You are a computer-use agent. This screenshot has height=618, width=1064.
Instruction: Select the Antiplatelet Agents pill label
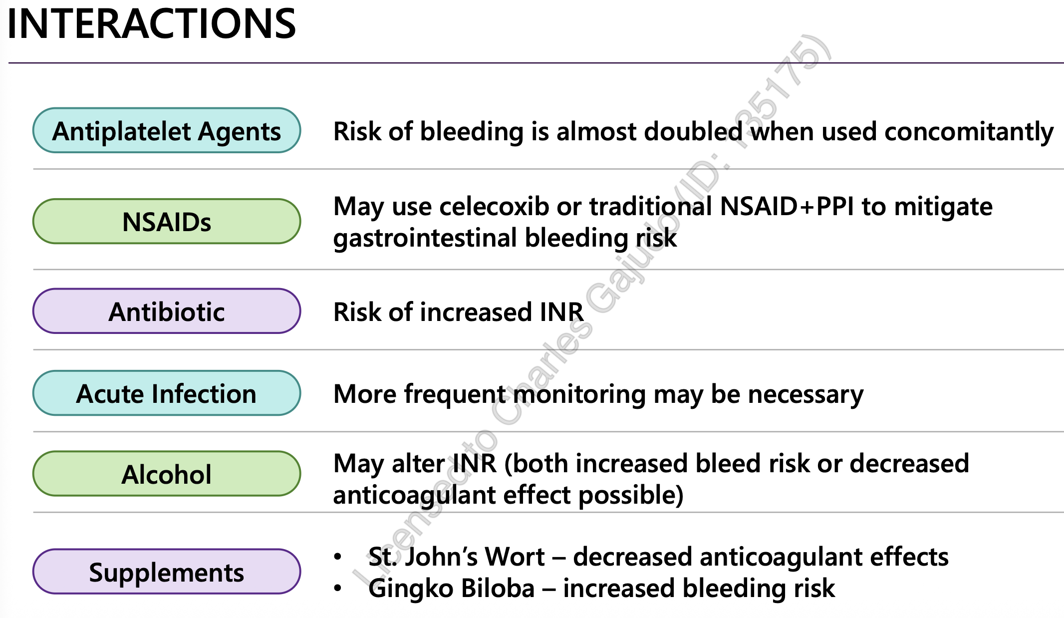coord(167,131)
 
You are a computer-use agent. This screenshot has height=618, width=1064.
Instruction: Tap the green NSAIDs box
coord(167,222)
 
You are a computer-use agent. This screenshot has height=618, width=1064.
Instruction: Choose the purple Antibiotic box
coord(167,311)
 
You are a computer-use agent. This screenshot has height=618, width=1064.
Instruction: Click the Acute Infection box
coord(167,393)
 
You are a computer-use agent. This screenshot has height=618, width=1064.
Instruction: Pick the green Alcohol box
coord(167,474)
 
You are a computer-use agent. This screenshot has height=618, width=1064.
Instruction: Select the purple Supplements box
coord(167,572)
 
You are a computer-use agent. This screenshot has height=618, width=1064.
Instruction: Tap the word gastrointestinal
coord(425,238)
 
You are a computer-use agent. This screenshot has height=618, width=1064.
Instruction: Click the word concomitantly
coord(968,132)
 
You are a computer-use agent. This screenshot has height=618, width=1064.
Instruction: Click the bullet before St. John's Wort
coord(338,557)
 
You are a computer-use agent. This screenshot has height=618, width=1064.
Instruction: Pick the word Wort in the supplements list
coord(515,557)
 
